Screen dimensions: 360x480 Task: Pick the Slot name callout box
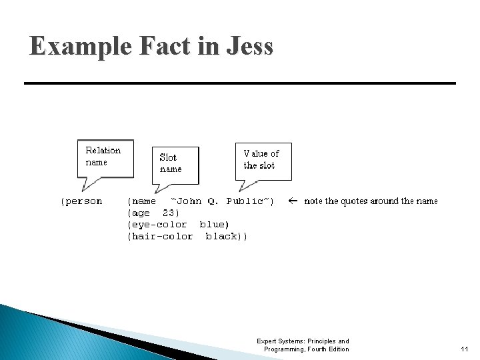point(175,163)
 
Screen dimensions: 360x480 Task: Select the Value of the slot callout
point(263,159)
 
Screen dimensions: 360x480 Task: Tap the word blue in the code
point(214,225)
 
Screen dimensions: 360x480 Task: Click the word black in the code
point(223,236)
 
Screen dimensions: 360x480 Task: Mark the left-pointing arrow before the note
point(292,201)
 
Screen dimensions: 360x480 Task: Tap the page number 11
point(465,349)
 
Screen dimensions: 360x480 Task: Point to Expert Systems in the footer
point(279,341)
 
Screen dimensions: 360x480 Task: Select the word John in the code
point(189,201)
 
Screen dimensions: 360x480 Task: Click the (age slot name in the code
point(139,213)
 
